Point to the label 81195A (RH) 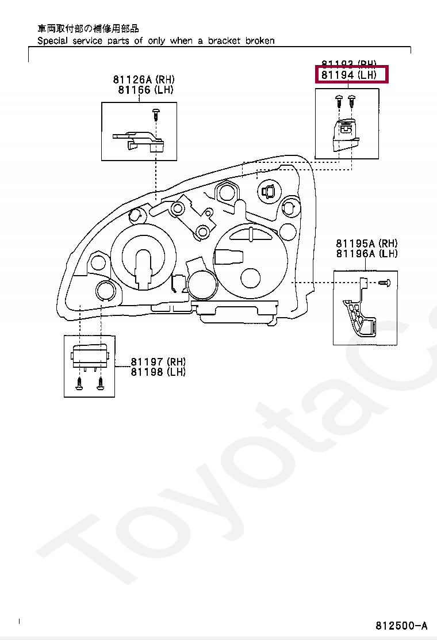[x=366, y=243]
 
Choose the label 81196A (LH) [x=366, y=254]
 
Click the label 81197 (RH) [x=158, y=361]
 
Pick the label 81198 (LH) [x=158, y=372]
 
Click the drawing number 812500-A [x=402, y=626]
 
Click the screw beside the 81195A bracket [x=385, y=283]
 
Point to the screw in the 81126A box [x=155, y=113]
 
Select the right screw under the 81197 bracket [x=101, y=383]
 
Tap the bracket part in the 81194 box [x=345, y=134]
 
